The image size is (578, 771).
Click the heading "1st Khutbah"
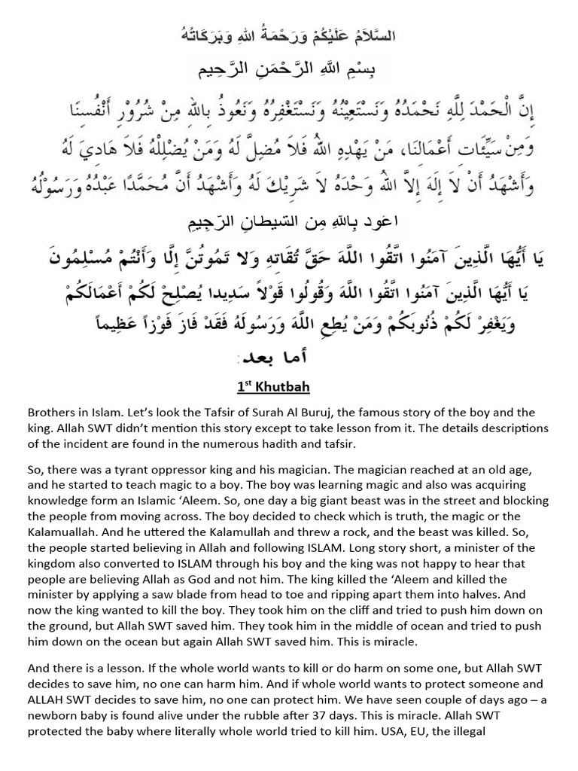tap(273, 386)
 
